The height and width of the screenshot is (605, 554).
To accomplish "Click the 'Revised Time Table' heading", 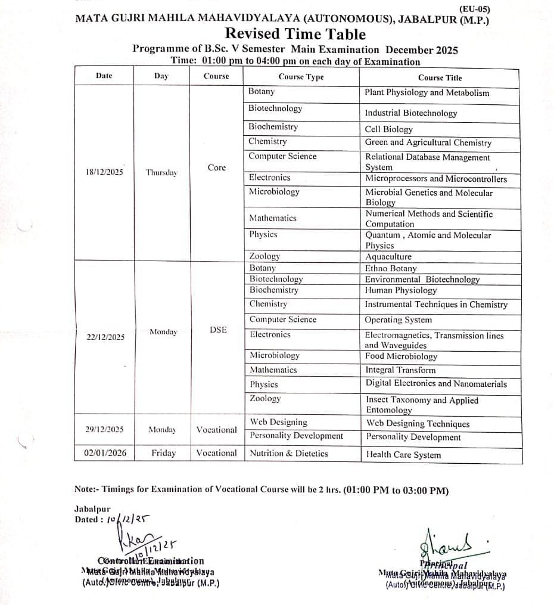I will point(295,35).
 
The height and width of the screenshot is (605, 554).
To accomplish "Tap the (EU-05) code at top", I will point(475,9).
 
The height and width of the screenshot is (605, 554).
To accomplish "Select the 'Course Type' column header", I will point(301,77).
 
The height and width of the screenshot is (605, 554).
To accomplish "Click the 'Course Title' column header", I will point(440,77).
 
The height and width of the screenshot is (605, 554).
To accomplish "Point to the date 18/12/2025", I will point(105,172).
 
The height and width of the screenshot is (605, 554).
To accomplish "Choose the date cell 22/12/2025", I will point(105,337).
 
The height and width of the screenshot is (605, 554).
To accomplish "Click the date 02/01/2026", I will point(105,453).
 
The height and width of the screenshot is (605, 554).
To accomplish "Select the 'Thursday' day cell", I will point(161,173).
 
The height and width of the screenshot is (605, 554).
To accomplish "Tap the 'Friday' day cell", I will point(163,453).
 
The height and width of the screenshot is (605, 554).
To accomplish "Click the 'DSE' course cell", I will point(218,330).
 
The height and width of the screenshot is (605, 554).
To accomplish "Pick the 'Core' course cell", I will point(217,167).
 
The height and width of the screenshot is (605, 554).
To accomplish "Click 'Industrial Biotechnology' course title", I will point(410,113).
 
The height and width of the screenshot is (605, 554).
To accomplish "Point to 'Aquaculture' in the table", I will point(388,256).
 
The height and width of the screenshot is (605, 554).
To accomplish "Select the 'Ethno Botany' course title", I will point(391,268).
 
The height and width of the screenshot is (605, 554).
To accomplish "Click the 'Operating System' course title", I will point(399,320).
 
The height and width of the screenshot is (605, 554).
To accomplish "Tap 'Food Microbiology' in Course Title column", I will point(401,356).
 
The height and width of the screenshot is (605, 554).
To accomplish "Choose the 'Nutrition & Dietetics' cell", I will point(288,453).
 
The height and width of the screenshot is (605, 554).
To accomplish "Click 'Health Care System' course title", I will point(403,455).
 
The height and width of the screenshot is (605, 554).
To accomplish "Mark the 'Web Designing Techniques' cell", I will point(418,424).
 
